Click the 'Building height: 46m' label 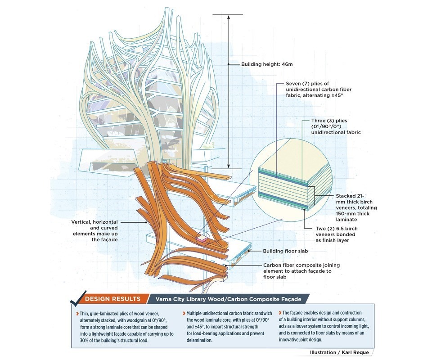click(267, 64)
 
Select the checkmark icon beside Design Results click(74, 298)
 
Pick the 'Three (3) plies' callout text click(336, 126)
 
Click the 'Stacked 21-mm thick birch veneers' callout click(356, 208)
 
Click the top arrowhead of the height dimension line click(228, 17)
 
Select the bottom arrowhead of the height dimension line click(228, 166)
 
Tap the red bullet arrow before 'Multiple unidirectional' click(185, 313)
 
